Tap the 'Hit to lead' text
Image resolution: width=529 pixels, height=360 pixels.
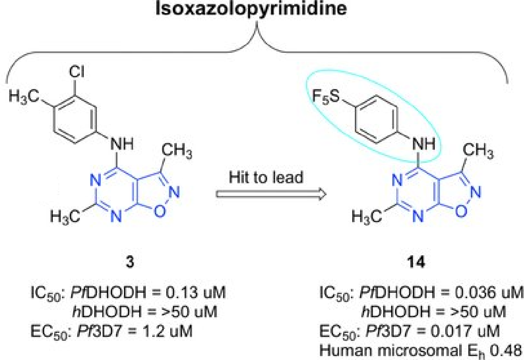click(266, 178)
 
